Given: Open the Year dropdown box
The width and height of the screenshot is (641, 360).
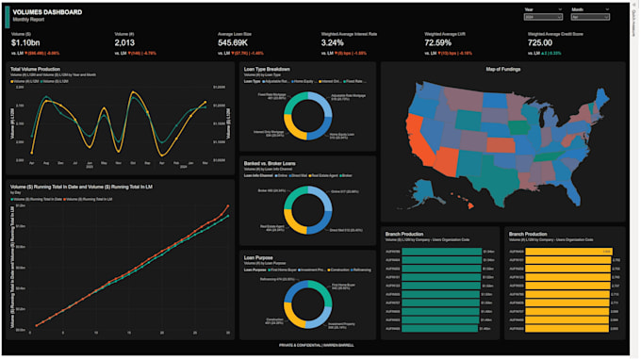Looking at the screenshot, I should coord(542,17).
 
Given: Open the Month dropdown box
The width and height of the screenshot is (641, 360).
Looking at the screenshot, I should coord(589,17).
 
